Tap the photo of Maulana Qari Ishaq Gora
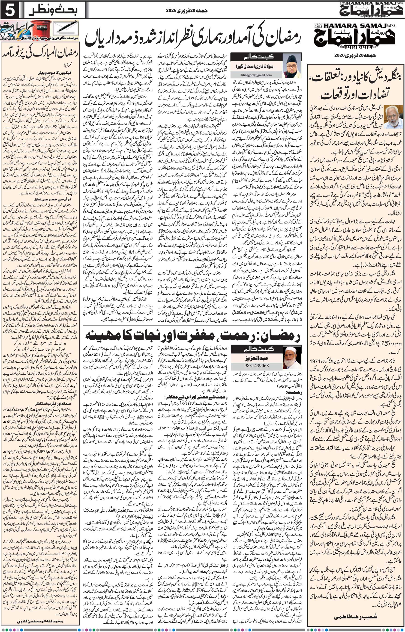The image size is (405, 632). pos(292,66)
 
